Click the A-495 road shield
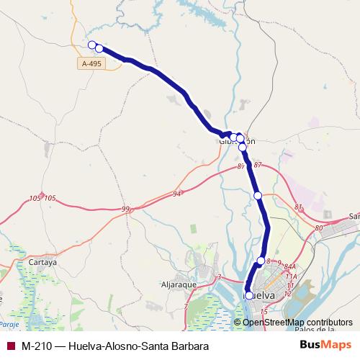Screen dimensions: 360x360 91,64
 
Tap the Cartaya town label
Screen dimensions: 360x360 42,263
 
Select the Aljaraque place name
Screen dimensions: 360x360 179,284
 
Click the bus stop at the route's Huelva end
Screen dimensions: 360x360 249,295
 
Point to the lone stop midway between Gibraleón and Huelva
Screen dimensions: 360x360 258,195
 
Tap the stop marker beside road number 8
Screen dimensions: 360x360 261,261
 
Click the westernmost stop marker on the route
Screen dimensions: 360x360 91,45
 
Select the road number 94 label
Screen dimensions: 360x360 178,194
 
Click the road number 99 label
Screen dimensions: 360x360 125,209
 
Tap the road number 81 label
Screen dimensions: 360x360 298,207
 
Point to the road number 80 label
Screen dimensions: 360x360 319,228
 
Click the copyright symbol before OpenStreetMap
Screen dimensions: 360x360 238,322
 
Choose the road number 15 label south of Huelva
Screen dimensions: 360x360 264,311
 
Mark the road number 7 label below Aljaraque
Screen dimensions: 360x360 185,307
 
